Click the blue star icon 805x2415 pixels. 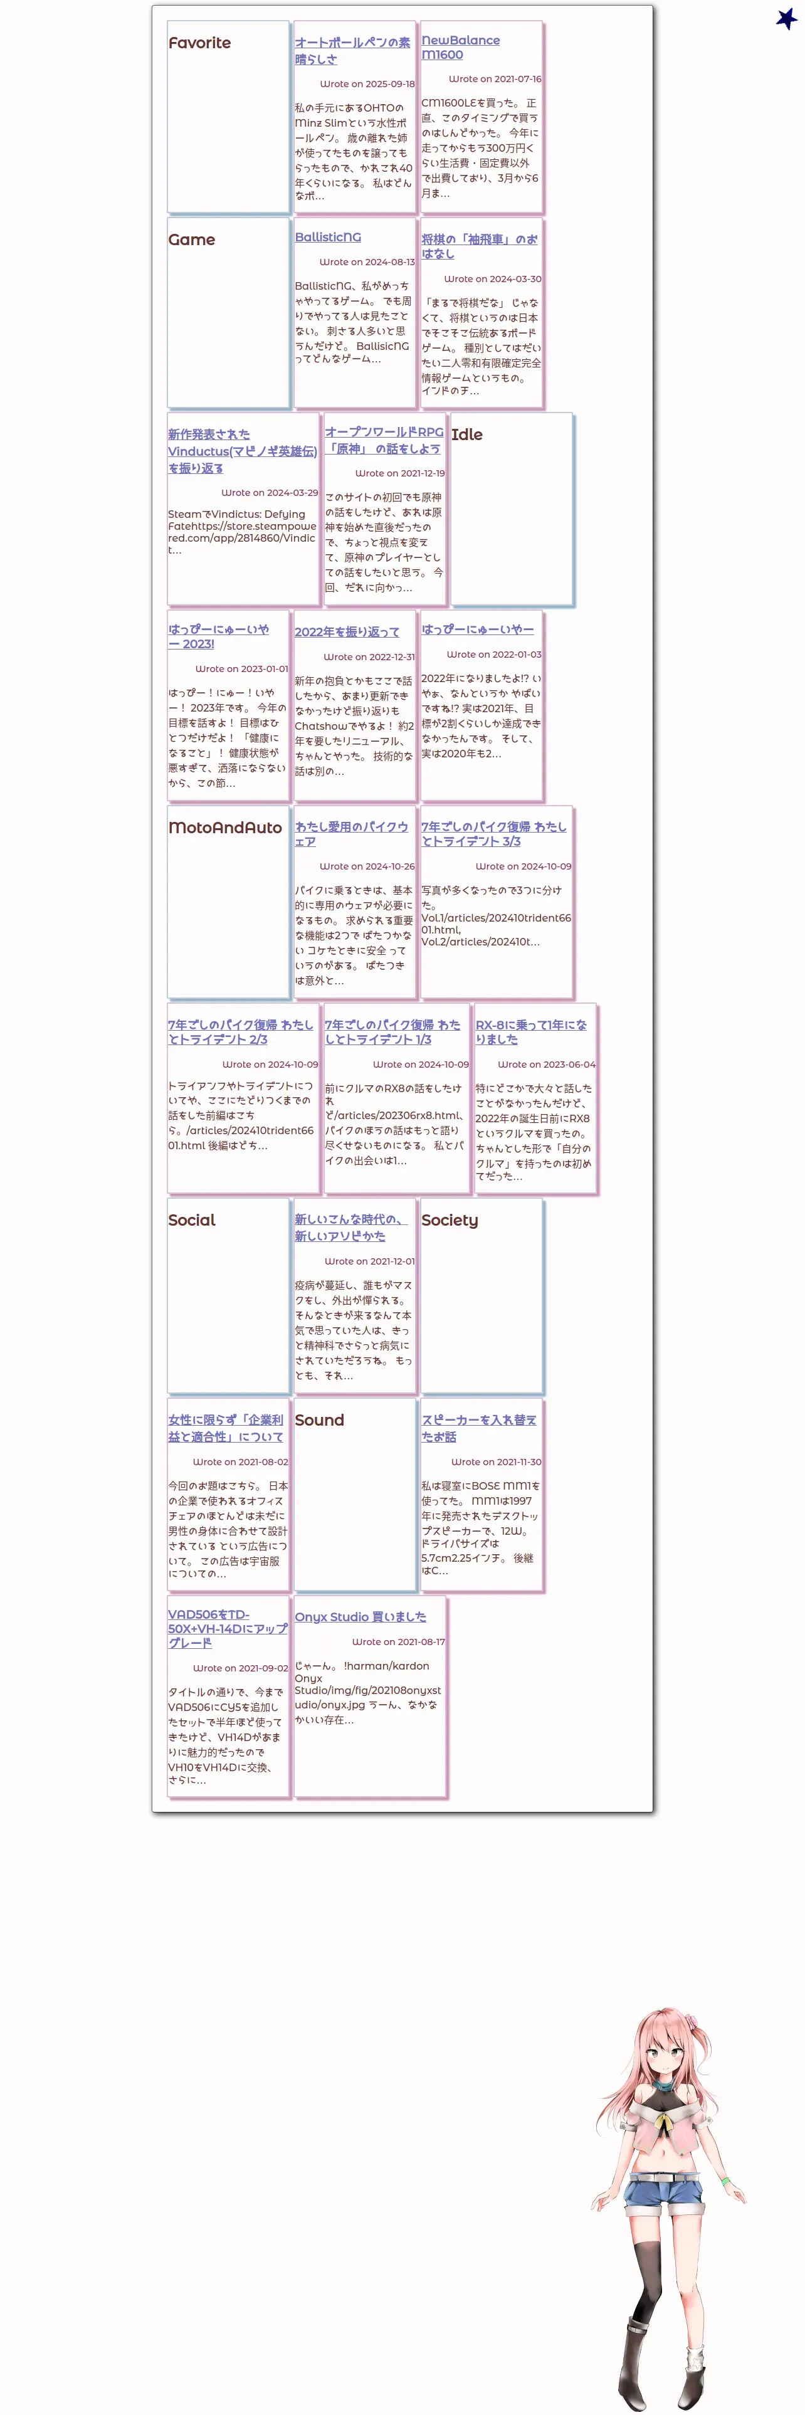pos(786,18)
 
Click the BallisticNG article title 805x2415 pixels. pos(327,237)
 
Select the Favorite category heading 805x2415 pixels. pos(199,43)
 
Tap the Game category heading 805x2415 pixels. pos(191,240)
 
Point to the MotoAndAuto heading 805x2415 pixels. pos(225,827)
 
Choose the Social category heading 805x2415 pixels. pos(191,1219)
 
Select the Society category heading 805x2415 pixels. pos(449,1219)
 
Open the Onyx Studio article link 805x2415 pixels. pos(360,1616)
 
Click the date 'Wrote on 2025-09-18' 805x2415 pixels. pos(366,83)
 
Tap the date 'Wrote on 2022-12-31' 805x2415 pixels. pos(368,656)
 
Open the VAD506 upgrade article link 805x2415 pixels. pos(227,1628)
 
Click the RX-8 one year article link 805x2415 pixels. pos(530,1031)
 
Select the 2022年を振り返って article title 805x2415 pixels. pos(347,632)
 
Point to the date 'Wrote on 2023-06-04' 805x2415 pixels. pos(545,1064)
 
